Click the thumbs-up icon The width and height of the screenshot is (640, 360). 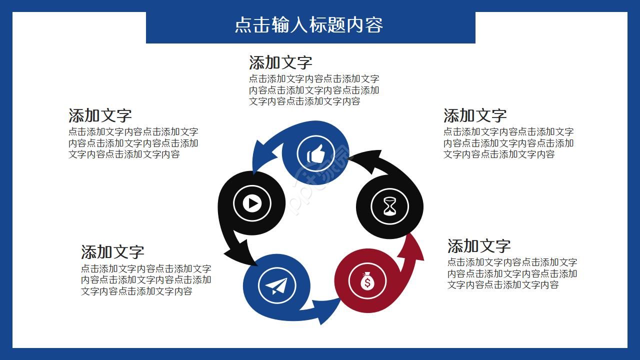click(x=316, y=154)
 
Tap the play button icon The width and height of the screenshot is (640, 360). click(x=252, y=203)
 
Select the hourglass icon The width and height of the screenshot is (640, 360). click(x=389, y=206)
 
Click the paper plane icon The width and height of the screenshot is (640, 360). click(x=277, y=285)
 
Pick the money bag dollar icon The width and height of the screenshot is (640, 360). click(x=367, y=280)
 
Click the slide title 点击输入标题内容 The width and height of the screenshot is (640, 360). click(x=309, y=25)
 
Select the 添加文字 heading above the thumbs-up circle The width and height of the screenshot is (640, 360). click(x=280, y=63)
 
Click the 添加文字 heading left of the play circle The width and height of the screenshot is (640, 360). click(x=100, y=115)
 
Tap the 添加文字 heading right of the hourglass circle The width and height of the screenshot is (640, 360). click(x=475, y=115)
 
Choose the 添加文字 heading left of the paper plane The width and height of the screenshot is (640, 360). click(x=112, y=251)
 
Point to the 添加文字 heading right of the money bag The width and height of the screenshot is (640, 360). click(x=479, y=246)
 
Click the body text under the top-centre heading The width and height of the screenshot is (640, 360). click(x=314, y=90)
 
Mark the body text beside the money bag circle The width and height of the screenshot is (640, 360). click(x=512, y=273)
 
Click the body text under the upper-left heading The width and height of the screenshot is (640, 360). click(x=133, y=143)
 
